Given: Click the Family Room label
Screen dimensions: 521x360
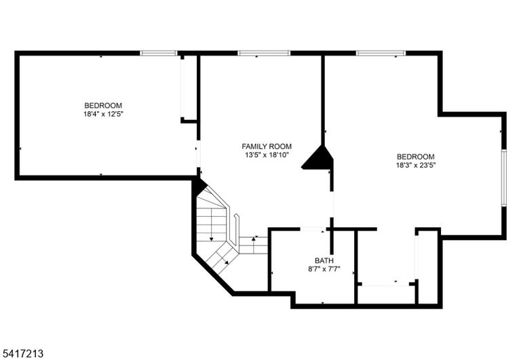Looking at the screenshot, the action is [x=267, y=146].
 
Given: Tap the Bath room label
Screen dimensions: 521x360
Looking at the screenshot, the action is [x=324, y=261].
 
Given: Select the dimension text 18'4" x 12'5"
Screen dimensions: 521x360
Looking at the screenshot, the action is [x=103, y=115].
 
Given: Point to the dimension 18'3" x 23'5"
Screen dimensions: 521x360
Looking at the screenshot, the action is [x=416, y=165].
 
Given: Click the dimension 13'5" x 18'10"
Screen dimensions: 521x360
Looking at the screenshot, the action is [x=267, y=155].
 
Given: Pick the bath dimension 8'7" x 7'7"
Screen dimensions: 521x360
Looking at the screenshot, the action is [x=324, y=269].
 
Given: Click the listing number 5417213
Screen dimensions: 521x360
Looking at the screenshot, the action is [x=22, y=353].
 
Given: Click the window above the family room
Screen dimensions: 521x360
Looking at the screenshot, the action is [x=264, y=53].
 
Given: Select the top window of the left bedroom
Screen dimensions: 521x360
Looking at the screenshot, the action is [x=159, y=53].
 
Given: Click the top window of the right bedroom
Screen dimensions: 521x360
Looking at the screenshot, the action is [x=381, y=53].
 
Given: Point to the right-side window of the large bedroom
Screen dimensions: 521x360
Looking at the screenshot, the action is [x=504, y=178].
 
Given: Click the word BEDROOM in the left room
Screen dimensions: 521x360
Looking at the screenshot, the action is [x=103, y=106].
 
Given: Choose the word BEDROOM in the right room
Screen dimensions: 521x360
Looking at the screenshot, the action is [x=416, y=157].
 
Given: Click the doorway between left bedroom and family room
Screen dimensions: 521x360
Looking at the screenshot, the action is [x=198, y=153].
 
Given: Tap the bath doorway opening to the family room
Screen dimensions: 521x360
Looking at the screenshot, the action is [x=313, y=229].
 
